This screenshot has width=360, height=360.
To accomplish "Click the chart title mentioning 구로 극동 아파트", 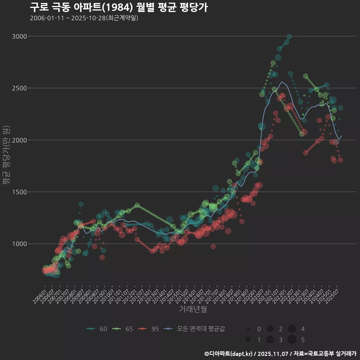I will coord(118,7).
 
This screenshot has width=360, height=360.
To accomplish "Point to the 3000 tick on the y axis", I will coord(19,36).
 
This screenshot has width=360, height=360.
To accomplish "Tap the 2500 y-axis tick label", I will coord(19,88).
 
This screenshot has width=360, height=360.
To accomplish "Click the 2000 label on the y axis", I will coord(19,140).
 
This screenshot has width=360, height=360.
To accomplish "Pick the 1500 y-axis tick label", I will coord(19,192).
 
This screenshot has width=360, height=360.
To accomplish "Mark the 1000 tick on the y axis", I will coord(19,244).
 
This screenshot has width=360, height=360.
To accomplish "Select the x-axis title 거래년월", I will coord(193,309).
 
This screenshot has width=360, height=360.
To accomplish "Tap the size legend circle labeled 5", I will coord(292,340).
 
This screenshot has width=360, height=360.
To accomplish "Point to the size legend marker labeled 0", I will coord(248,329).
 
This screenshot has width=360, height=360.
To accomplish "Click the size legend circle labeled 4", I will coord(292,329).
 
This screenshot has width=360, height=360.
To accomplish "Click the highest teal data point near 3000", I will coord(289,36).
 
